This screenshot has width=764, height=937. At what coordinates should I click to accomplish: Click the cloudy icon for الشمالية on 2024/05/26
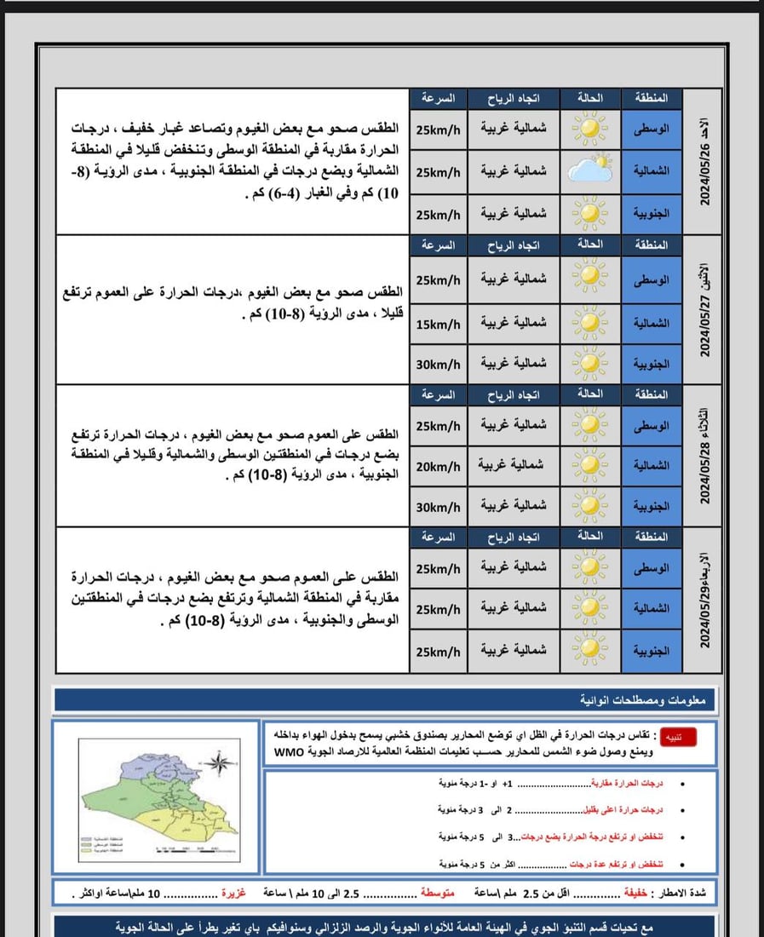tap(590, 170)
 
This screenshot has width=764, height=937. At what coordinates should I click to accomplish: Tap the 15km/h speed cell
tap(438, 324)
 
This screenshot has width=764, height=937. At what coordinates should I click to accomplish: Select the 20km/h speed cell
tap(438, 466)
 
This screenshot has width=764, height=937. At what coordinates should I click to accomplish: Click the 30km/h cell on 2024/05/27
tap(438, 364)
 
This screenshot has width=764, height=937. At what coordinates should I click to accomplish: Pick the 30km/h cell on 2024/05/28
tap(438, 506)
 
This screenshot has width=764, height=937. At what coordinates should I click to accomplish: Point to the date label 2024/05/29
tap(705, 600)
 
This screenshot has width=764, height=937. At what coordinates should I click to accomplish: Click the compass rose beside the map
tap(219, 763)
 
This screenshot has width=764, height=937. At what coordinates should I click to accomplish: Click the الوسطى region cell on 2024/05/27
tap(652, 279)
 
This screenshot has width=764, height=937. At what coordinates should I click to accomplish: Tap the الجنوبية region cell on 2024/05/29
tap(652, 650)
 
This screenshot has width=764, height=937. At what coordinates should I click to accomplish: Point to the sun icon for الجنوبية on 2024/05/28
tap(589, 506)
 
